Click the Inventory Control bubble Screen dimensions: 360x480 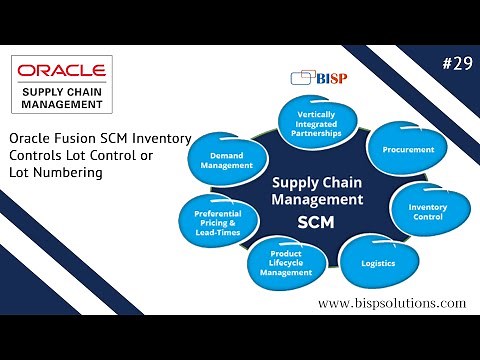click(427, 211)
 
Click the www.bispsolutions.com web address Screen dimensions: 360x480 click(392, 302)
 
